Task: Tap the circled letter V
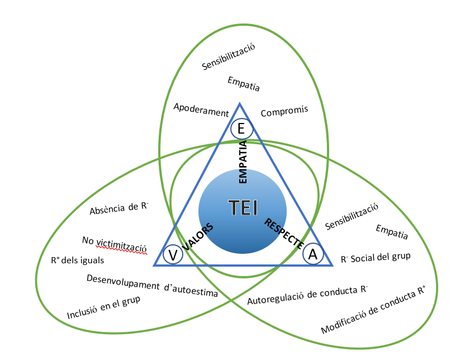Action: tap(173, 255)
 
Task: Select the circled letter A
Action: tap(313, 254)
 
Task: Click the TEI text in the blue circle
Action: tap(243, 208)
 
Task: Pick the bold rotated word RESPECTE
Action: tap(284, 233)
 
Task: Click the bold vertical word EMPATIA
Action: tap(243, 162)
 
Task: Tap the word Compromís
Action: tap(284, 112)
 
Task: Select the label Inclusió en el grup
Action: tap(103, 306)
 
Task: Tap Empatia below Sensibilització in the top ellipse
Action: tap(244, 84)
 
